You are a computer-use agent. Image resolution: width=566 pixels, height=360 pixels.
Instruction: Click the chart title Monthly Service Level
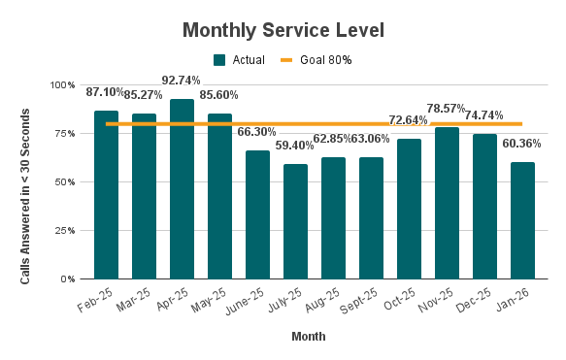pos(283,30)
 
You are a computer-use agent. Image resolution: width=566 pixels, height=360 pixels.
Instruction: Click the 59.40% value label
pos(295,146)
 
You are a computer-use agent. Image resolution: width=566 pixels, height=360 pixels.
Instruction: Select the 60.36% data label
pos(522,144)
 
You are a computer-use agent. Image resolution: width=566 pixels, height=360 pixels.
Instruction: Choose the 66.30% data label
pos(258,132)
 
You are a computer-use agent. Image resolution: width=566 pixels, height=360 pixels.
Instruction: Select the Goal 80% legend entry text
pos(325,60)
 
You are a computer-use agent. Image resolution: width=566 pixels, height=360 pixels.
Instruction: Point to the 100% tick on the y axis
pos(63,85)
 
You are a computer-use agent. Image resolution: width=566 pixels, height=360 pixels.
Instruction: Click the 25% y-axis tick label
pos(66,231)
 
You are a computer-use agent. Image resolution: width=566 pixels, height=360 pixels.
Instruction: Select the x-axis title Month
pos(308,337)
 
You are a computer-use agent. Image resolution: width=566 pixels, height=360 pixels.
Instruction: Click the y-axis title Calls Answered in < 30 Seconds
pos(26,182)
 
